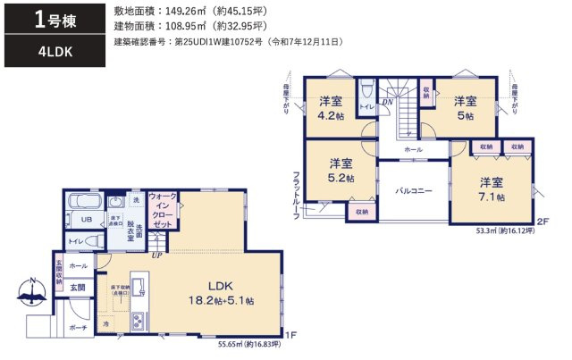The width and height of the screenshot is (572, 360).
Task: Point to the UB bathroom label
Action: pos(88,219)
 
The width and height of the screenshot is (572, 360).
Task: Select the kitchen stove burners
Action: pos(142,319)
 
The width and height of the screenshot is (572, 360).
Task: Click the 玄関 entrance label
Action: pos(78,287)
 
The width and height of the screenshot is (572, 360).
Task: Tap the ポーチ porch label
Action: pos(78,328)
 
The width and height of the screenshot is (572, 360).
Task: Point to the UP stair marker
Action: pos(158,255)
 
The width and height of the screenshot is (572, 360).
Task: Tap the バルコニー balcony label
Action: pos(414,190)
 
